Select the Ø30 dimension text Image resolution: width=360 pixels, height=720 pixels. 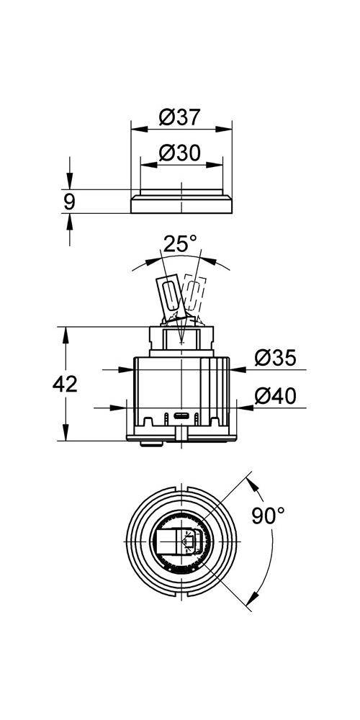pos(179,153)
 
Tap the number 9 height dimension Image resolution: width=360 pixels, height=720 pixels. pos(69,202)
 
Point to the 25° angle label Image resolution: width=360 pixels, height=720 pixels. pos(179,244)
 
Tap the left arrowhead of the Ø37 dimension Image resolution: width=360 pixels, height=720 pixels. pos(135,131)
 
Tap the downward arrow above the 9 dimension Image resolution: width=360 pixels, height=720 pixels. pos(69,184)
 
